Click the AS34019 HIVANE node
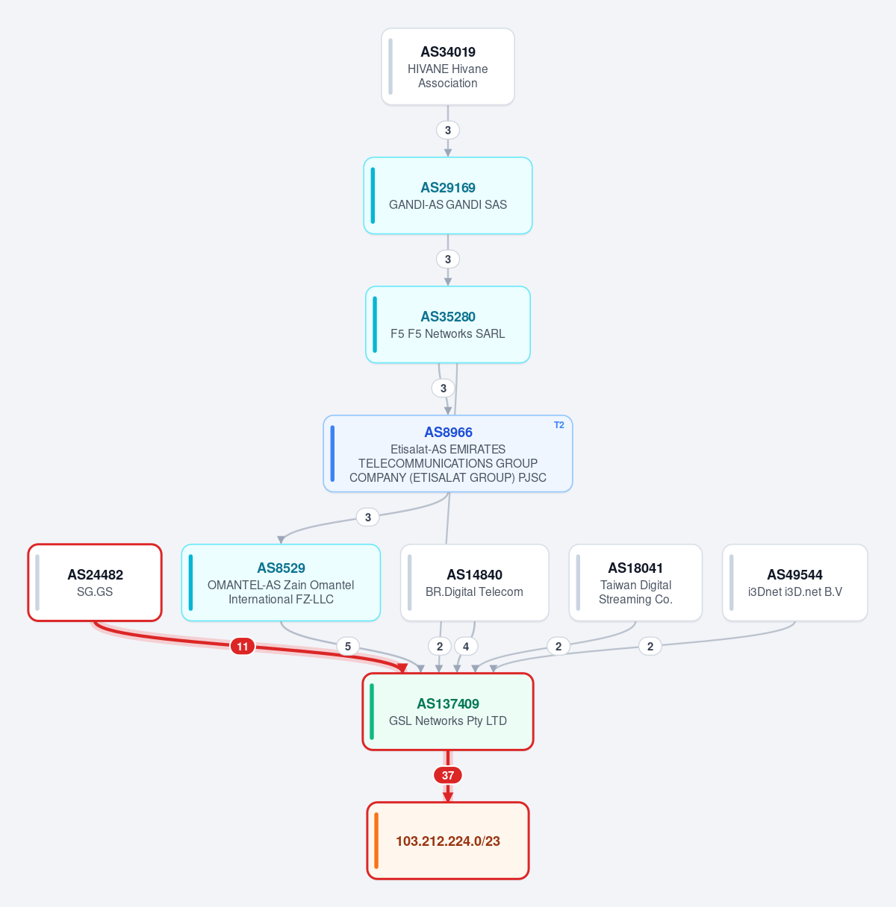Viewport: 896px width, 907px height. click(x=448, y=66)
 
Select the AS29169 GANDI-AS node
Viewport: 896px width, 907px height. click(x=448, y=195)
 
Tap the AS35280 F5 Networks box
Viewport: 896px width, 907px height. click(x=448, y=324)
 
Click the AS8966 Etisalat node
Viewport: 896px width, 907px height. click(x=448, y=453)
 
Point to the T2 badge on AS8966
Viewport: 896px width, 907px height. click(x=559, y=425)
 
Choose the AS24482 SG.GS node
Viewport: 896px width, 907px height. click(x=95, y=583)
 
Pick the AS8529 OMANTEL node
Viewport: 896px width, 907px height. click(x=281, y=583)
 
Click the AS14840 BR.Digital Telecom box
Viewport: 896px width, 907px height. click(x=475, y=583)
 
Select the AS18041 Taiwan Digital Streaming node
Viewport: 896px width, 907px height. click(x=635, y=583)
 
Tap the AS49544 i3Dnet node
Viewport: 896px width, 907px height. click(x=795, y=583)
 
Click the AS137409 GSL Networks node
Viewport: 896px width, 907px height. click(x=448, y=712)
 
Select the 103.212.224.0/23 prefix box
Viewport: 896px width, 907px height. click(x=448, y=841)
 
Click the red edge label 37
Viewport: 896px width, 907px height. click(x=448, y=775)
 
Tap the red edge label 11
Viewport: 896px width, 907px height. click(x=242, y=646)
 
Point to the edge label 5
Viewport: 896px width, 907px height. click(x=348, y=646)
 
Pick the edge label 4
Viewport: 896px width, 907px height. click(x=466, y=646)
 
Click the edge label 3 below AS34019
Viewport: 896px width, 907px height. click(x=448, y=130)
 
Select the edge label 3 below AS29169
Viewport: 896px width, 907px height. click(x=448, y=259)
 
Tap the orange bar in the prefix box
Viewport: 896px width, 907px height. click(x=376, y=841)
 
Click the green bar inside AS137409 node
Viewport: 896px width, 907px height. click(x=372, y=712)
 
